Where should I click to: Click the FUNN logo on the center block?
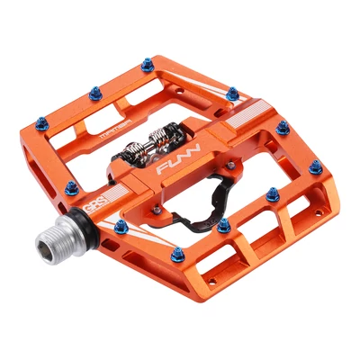175,166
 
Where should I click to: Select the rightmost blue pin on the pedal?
315,167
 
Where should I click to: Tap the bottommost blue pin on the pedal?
178,254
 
